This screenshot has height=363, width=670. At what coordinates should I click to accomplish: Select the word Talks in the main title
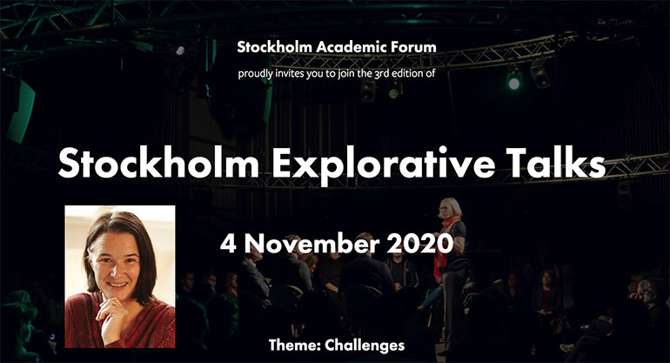[555, 163]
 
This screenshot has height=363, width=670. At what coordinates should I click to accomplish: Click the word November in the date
[312, 244]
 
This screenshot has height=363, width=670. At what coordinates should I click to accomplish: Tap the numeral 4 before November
[228, 244]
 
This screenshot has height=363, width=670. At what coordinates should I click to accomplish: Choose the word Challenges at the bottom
[365, 345]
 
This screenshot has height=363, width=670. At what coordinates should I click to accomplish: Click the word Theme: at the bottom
[295, 345]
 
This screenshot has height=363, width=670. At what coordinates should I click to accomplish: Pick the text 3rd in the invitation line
[381, 73]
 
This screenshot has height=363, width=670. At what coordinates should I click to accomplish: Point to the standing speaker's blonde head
[451, 208]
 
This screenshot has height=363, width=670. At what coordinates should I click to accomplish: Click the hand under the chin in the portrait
[112, 313]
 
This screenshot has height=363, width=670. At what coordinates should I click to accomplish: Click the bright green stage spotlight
[514, 83]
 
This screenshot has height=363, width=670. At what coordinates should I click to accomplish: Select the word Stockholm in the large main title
[158, 163]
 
